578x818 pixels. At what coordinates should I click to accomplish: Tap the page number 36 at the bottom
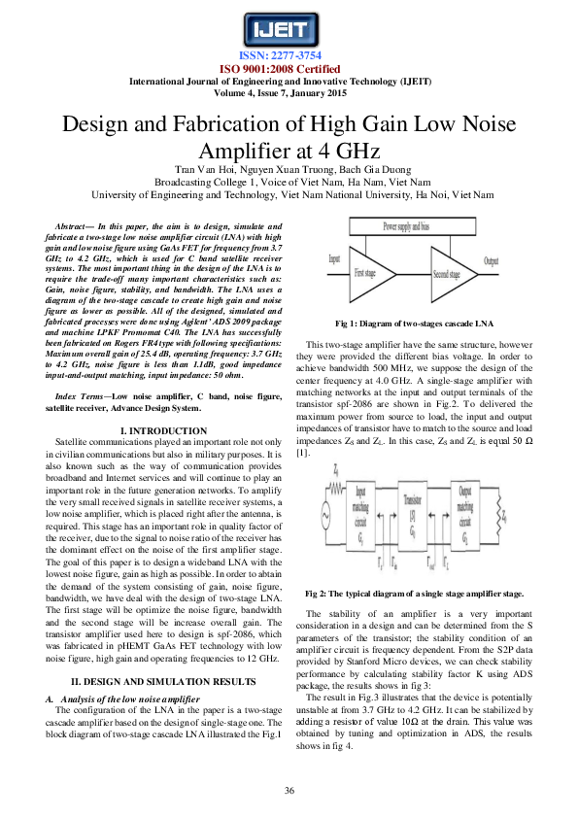[289, 792]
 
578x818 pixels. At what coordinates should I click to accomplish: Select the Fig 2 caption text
[415, 592]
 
